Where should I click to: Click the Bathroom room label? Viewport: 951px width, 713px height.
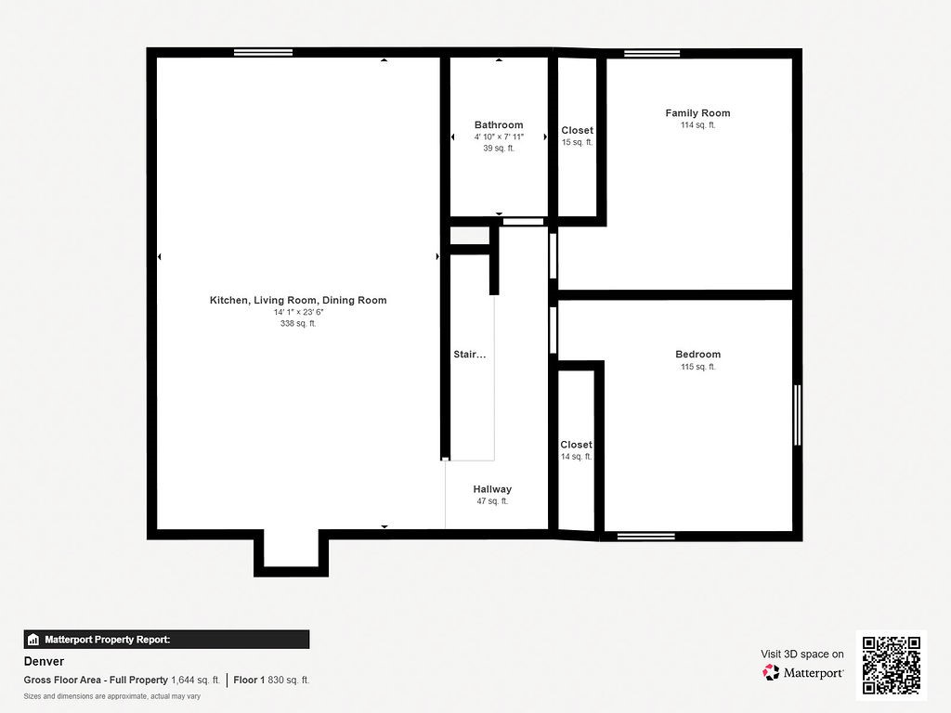(x=499, y=124)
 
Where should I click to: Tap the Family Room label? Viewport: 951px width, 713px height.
(x=697, y=113)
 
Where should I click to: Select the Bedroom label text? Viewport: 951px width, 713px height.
(x=697, y=355)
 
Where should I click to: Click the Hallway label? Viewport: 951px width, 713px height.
(x=492, y=489)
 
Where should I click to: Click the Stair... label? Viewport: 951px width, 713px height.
(x=469, y=355)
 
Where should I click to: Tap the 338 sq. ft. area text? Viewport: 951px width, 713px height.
(x=298, y=324)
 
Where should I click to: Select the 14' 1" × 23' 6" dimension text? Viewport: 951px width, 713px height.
(x=298, y=313)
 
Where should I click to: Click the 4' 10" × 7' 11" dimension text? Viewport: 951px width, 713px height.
(x=499, y=136)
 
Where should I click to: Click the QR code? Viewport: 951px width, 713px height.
(x=891, y=665)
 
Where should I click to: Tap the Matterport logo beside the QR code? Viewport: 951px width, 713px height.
(x=803, y=672)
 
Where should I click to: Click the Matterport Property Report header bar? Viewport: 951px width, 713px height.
(x=166, y=639)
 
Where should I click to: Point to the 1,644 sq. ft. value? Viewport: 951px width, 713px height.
(x=195, y=680)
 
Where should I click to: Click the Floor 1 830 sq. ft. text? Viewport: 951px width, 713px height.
(x=271, y=680)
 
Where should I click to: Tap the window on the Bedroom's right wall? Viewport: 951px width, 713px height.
(x=797, y=415)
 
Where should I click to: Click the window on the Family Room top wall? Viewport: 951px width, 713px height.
(x=652, y=53)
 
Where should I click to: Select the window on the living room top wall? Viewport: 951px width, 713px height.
(x=257, y=52)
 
